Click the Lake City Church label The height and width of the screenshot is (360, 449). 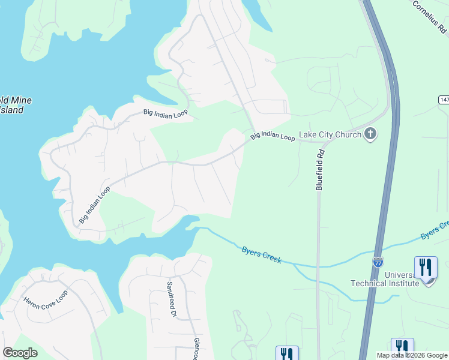pyautogui.click(x=330, y=134)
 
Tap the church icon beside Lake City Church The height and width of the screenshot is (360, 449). pyautogui.click(x=370, y=133)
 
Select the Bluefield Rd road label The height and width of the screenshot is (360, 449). pyautogui.click(x=321, y=170)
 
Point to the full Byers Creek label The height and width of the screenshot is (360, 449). pyautogui.click(x=262, y=254)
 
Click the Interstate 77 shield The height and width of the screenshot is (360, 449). pyautogui.click(x=378, y=262)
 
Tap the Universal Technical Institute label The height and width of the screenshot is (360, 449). pyautogui.click(x=385, y=279)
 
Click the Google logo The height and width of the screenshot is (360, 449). pyautogui.click(x=20, y=353)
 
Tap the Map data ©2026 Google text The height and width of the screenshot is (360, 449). pyautogui.click(x=412, y=355)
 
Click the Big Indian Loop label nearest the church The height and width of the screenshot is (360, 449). pyautogui.click(x=273, y=136)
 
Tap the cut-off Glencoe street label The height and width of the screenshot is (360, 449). pyautogui.click(x=196, y=349)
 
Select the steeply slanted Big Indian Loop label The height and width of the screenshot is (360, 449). pyautogui.click(x=94, y=205)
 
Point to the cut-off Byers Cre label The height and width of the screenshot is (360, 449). pyautogui.click(x=435, y=230)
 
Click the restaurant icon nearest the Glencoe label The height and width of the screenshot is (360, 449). pyautogui.click(x=287, y=354)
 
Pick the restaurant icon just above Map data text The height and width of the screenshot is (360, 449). pyautogui.click(x=402, y=346)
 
